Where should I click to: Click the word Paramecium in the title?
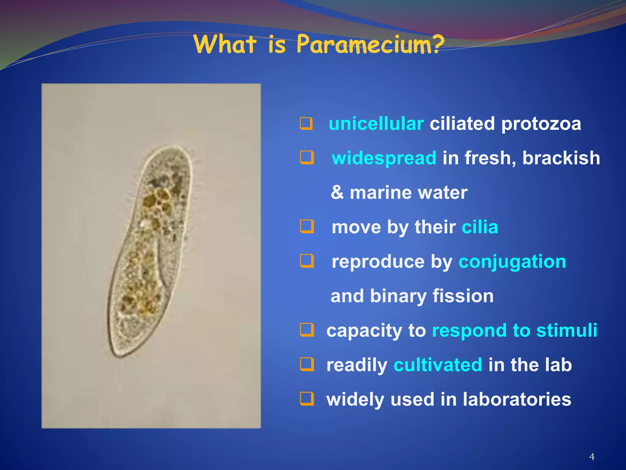364,44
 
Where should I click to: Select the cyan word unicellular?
376,124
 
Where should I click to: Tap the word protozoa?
541,124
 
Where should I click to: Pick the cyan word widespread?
384,158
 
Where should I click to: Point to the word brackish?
561,158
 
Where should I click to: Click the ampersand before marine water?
337,193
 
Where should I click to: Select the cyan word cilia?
480,227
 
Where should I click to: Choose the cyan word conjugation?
512,262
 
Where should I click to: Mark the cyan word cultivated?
438,365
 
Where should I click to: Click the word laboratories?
517,399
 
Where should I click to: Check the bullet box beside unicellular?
306,124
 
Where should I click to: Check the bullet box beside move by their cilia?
307,227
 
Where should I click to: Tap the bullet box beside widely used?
307,399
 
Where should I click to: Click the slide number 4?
592,457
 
